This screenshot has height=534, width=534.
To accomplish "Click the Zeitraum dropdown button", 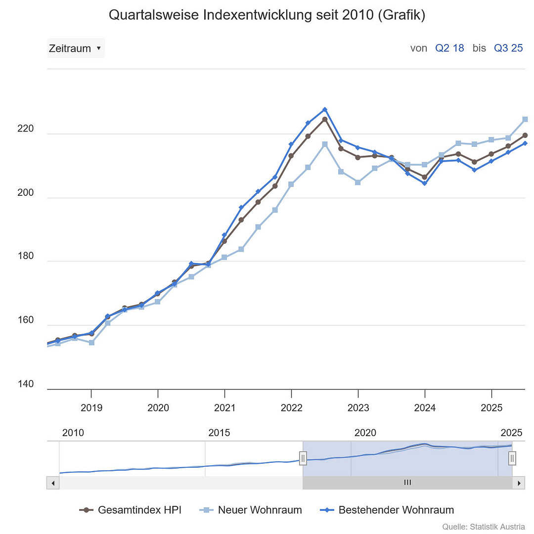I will click(76, 48).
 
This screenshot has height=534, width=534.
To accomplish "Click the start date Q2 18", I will click(449, 48).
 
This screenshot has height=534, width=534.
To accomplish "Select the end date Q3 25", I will click(508, 48).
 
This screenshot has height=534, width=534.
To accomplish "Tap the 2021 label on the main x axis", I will click(224, 408).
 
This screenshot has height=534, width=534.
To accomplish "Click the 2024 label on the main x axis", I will click(425, 408).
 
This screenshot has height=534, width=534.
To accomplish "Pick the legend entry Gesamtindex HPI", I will click(131, 510).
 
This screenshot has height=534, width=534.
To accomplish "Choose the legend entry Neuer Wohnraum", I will click(251, 510).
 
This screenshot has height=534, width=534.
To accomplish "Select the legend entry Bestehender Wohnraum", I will click(387, 510).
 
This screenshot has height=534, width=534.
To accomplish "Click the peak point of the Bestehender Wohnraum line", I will click(325, 109).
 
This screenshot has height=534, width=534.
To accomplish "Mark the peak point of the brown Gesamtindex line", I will click(325, 119).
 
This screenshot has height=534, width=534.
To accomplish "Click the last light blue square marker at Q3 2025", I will click(525, 119).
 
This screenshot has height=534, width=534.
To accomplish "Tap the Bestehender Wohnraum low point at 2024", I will click(425, 183).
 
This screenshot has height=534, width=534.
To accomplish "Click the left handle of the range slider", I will click(303, 458).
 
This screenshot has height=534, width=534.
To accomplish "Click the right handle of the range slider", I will click(512, 458).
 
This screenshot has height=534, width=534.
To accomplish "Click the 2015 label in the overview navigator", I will click(219, 433).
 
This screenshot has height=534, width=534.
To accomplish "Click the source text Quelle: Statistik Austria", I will click(483, 527).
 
